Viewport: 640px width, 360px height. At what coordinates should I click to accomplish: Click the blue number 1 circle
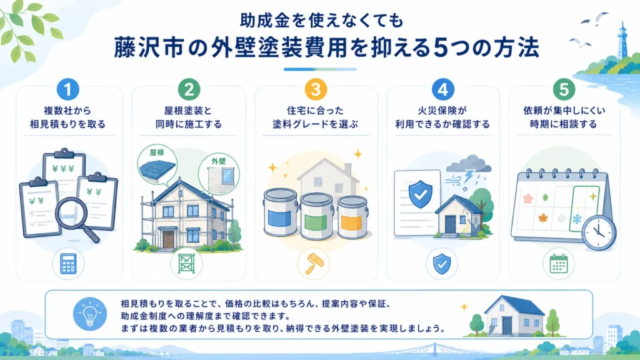67,89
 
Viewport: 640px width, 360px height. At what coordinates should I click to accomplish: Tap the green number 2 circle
189,89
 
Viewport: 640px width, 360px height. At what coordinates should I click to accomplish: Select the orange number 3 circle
316,89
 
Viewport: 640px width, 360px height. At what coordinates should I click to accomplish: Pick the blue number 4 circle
443,89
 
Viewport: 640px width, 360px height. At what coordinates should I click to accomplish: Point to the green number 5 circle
564,89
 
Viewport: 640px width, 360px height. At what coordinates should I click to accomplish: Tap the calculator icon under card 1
68,264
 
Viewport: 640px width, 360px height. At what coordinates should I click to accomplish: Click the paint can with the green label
316,216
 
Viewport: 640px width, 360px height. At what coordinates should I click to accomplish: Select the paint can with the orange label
352,217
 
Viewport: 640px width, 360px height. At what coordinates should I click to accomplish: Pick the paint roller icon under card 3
313,264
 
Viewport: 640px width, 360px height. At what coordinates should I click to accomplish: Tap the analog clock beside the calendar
599,232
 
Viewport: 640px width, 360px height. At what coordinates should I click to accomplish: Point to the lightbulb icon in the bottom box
90,314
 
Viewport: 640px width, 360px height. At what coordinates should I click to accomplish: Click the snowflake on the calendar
577,219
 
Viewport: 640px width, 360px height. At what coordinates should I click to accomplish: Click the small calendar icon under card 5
558,264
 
